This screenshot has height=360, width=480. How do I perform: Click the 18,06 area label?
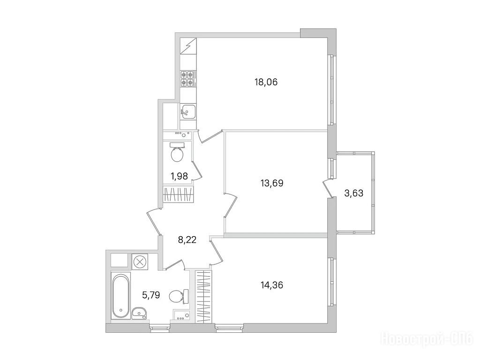click(266, 82)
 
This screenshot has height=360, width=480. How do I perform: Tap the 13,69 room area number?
click(272, 183)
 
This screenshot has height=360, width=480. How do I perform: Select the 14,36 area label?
click(272, 285)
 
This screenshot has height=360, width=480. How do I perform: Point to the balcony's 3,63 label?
click(354, 193)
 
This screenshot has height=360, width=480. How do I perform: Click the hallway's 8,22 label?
click(187, 240)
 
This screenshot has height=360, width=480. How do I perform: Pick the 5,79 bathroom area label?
click(151, 295)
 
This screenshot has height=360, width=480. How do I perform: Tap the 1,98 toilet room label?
click(179, 176)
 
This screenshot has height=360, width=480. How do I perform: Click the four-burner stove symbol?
click(187, 78)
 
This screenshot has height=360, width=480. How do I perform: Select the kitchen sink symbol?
click(187, 112)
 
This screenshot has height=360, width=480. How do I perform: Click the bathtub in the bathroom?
click(120, 296)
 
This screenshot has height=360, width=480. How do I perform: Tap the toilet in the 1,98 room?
click(177, 152)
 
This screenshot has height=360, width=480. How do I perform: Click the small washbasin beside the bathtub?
click(140, 313)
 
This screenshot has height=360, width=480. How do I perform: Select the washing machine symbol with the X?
click(140, 262)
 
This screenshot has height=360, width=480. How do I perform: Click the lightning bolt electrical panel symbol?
click(187, 46)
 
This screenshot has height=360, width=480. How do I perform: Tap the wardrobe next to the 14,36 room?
click(203, 296)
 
